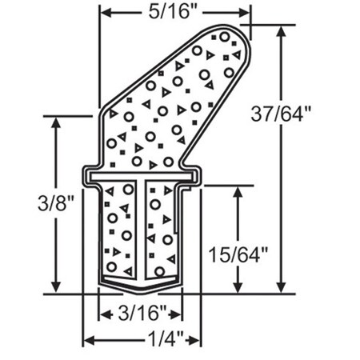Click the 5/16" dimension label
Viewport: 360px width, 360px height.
(174, 12)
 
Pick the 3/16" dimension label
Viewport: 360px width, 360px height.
(140, 312)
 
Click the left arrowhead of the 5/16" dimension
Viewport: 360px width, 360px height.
(104, 12)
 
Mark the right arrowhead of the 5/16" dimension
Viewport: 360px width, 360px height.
(246, 12)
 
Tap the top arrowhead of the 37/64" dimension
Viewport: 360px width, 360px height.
(282, 31)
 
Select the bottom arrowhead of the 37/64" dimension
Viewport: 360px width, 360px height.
(282, 289)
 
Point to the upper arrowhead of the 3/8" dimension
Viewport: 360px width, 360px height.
(55, 122)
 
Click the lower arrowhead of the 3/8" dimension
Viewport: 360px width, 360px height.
(55, 289)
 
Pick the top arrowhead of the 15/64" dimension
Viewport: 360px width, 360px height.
(238, 190)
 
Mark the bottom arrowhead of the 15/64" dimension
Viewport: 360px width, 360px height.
(238, 289)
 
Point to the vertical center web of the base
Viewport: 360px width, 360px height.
(141, 232)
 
